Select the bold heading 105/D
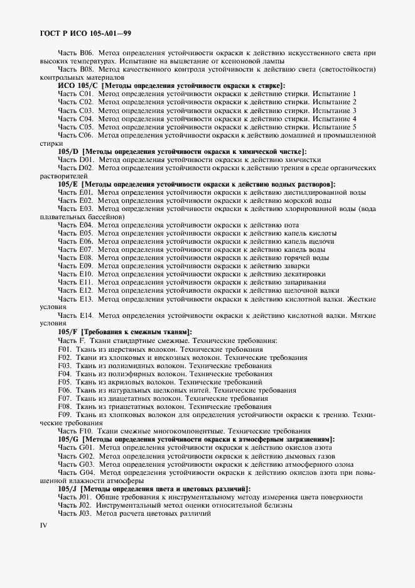coord(68,151)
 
